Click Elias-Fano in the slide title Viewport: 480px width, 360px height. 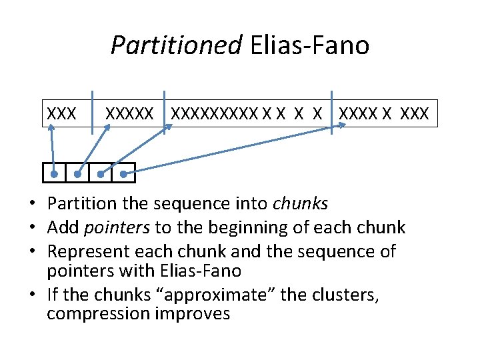pyautogui.click(x=310, y=46)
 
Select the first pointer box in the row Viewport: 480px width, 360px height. pyautogui.click(x=55, y=173)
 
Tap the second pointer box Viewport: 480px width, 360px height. pyautogui.click(x=77, y=173)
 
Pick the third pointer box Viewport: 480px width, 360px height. pyautogui.click(x=101, y=173)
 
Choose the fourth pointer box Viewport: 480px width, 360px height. pyautogui.click(x=123, y=173)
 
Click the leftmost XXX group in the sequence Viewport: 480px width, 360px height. pyautogui.click(x=61, y=113)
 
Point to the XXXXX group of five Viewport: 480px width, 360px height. pyautogui.click(x=131, y=113)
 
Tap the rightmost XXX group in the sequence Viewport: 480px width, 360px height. pyautogui.click(x=415, y=113)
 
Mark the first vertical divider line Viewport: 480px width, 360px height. pyautogui.click(x=92, y=112)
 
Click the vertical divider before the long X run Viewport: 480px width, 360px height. pyautogui.click(x=165, y=112)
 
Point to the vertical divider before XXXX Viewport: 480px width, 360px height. pyautogui.click(x=332, y=112)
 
